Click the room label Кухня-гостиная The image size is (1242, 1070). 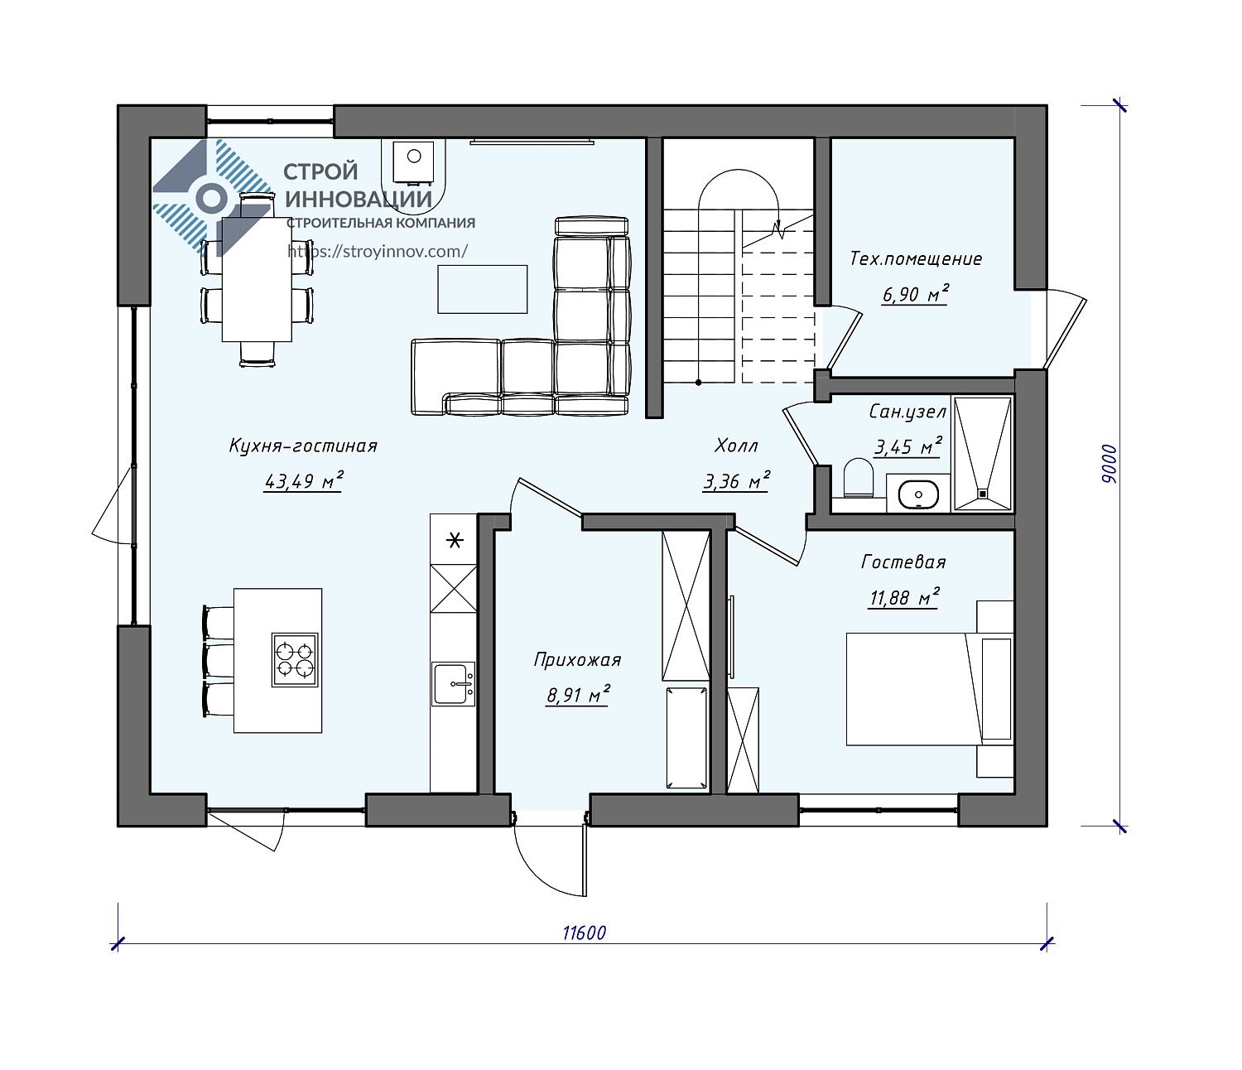(303, 446)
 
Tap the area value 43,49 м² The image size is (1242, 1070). (303, 481)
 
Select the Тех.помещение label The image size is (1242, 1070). (916, 259)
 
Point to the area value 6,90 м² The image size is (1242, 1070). (915, 295)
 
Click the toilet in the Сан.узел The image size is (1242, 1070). (858, 478)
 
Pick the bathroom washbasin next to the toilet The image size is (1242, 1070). (918, 494)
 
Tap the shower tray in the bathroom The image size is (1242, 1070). (983, 453)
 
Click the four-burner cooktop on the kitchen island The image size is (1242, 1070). (295, 659)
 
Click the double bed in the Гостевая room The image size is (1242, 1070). (930, 688)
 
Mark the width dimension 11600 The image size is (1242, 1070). (584, 933)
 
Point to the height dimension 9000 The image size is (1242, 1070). (1110, 464)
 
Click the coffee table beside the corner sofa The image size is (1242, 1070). (482, 289)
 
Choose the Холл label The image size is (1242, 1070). (736, 446)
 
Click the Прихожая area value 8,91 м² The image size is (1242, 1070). (577, 695)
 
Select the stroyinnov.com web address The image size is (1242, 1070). (378, 251)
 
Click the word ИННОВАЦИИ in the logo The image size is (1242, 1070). (359, 199)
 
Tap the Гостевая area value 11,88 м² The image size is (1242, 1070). (904, 598)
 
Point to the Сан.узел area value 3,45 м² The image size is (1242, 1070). (907, 446)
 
